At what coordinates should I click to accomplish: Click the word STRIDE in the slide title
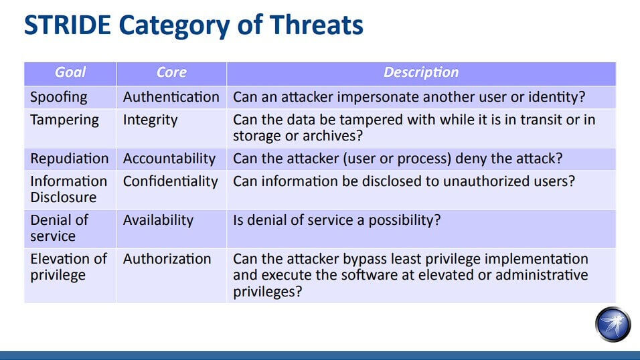pos(68,25)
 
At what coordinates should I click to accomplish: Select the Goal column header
pos(70,72)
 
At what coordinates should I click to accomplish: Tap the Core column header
pos(171,72)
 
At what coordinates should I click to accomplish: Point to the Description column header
pos(421,72)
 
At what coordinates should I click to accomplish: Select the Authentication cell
pos(171,97)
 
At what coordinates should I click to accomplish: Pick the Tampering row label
pos(64,120)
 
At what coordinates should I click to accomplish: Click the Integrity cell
pos(150,120)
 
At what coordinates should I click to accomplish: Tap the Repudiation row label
pos(70,159)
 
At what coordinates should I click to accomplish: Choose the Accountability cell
pos(169,159)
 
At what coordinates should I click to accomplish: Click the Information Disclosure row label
pos(68,189)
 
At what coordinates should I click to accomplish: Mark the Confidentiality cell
pos(170,181)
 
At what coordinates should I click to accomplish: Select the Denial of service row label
pos(59,228)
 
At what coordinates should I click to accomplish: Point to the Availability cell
pos(158,220)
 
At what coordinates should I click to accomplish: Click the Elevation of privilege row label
pos(68,266)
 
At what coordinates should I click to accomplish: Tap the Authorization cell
pos(167,259)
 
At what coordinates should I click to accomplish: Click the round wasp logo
pos(613,325)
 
